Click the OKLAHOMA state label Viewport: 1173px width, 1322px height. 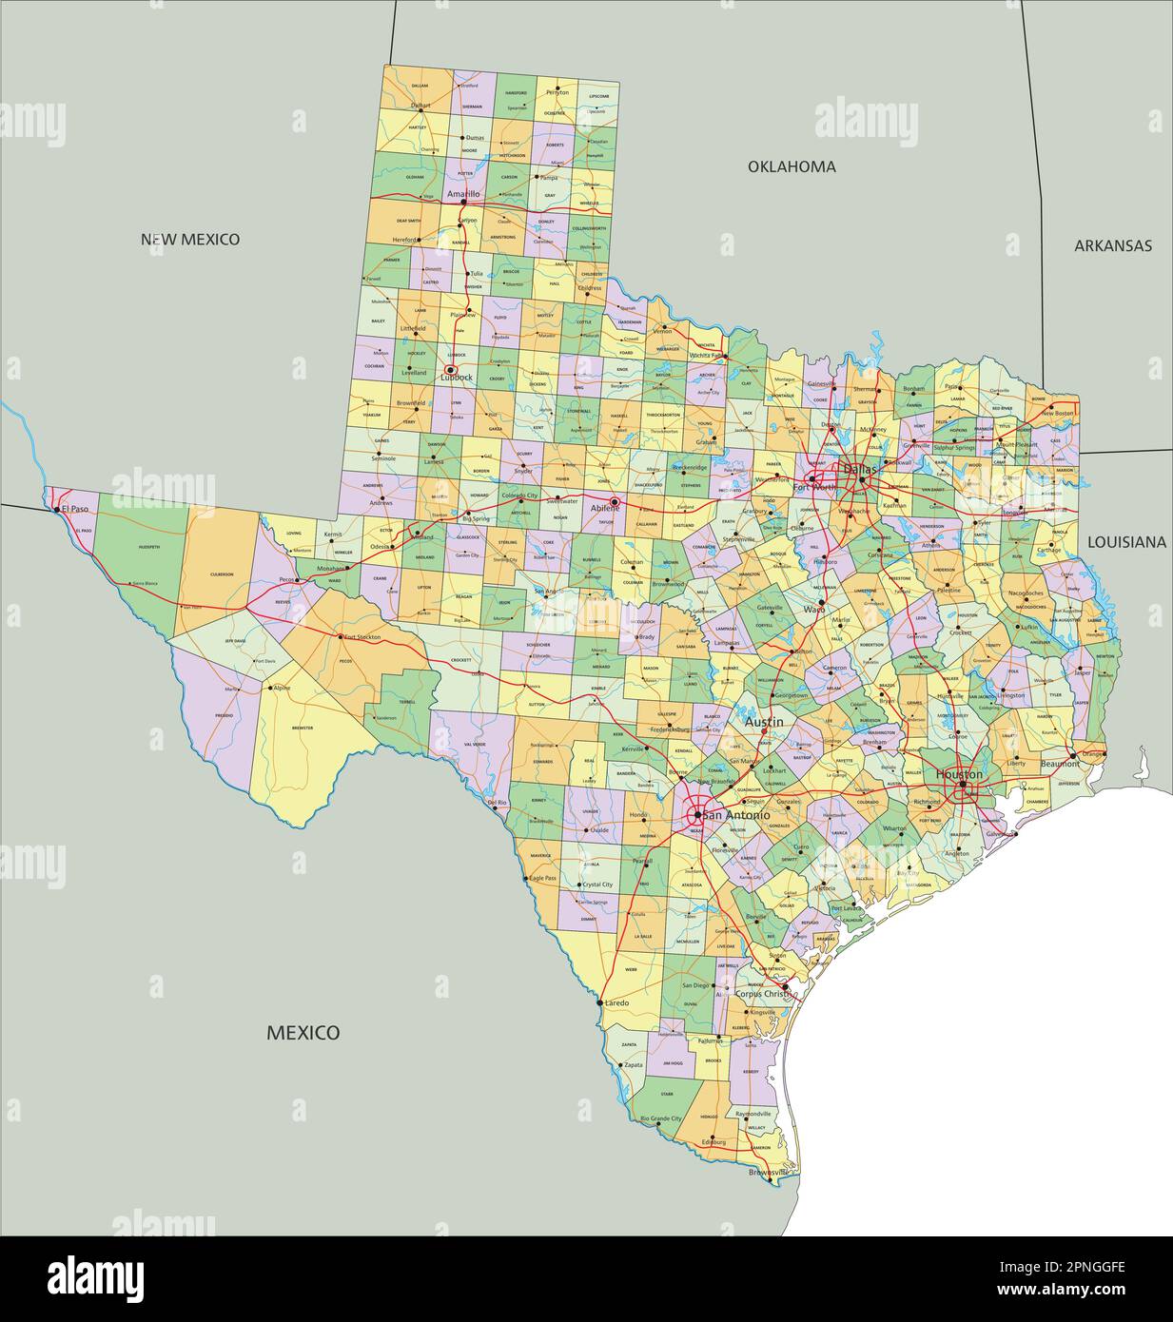791,166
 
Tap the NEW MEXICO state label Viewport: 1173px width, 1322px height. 190,239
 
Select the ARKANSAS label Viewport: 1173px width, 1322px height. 1112,245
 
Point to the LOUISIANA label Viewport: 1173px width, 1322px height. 1125,541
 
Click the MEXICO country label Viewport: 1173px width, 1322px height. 303,1032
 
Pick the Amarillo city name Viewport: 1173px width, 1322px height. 463,193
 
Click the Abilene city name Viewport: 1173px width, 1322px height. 605,509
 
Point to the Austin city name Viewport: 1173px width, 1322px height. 764,722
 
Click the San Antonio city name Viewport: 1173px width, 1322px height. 736,815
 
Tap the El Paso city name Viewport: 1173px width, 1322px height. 74,509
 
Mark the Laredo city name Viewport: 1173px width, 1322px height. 616,1002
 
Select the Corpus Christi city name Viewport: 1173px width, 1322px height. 763,993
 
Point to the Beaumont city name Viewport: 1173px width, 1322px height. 1058,764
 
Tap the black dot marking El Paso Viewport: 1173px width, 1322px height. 57,509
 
